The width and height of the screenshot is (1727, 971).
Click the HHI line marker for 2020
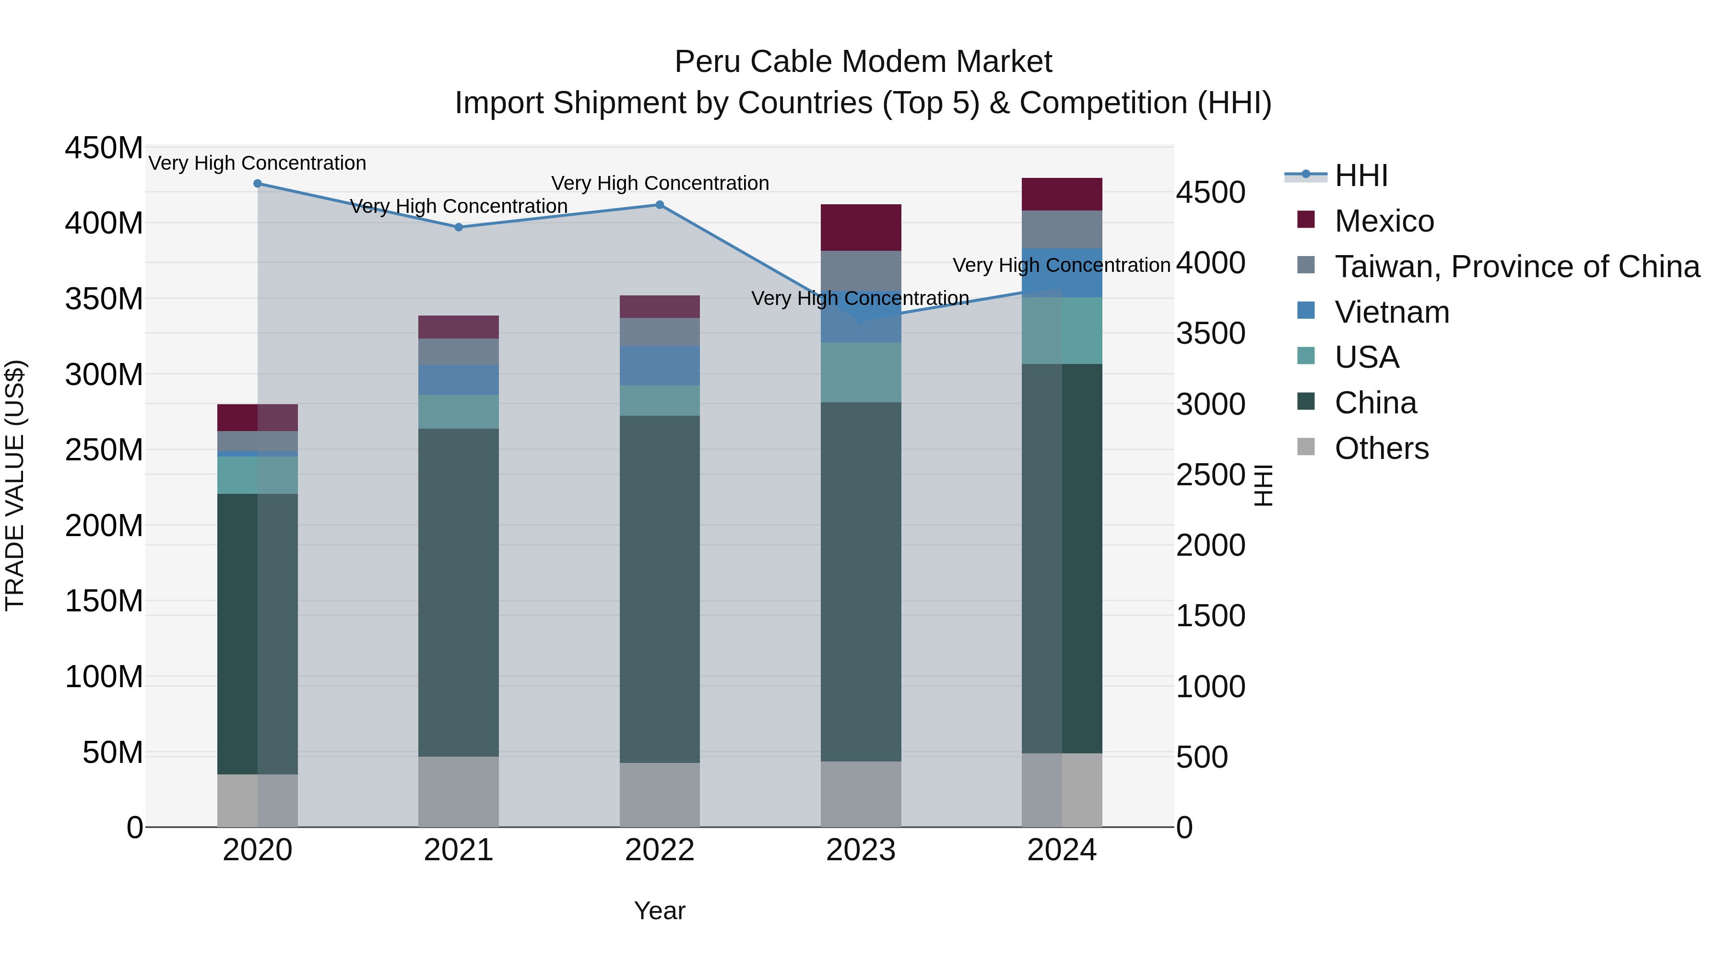click(x=258, y=184)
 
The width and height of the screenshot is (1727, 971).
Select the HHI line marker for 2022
click(x=660, y=205)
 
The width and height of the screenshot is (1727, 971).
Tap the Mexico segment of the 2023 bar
click(x=861, y=228)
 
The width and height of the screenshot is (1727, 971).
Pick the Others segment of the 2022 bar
click(x=660, y=795)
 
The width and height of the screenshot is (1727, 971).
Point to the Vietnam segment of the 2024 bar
click(x=1062, y=273)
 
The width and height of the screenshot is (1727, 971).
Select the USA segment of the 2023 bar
click(x=861, y=373)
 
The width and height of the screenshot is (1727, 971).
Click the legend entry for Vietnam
click(x=1391, y=312)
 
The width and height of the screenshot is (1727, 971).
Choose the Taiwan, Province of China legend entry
click(x=1516, y=267)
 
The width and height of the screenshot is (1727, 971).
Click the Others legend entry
click(x=1381, y=448)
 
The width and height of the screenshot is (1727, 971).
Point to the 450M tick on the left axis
click(x=104, y=148)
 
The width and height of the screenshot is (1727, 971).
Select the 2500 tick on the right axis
click(x=1211, y=475)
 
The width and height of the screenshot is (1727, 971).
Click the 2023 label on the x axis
click(x=861, y=850)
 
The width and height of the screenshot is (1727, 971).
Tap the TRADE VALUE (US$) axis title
click(x=15, y=485)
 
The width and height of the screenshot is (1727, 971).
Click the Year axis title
click(x=660, y=911)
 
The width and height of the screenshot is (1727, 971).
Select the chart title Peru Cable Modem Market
click(x=863, y=62)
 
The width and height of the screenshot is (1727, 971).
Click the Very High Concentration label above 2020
click(x=258, y=163)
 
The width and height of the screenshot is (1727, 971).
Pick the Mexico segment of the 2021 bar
click(x=459, y=327)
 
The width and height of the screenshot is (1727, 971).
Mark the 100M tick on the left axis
click(x=104, y=677)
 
